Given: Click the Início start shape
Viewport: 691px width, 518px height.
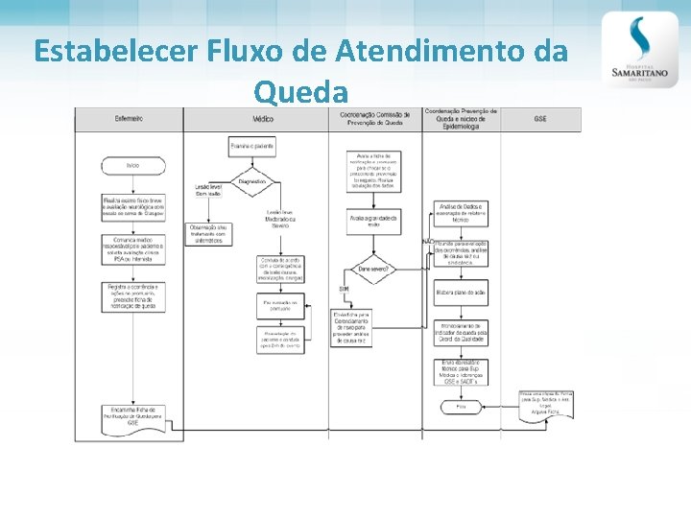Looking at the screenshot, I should pos(132,166).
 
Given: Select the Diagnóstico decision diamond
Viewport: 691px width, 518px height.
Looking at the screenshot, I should pos(252,181).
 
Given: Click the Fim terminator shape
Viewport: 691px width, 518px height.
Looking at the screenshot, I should pos(461,407).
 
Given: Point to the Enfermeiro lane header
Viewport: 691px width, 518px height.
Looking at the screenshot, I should pos(129,119).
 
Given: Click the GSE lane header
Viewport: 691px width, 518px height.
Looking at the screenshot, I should pos(540,119).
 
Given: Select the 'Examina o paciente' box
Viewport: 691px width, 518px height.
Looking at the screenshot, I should pos(252,147).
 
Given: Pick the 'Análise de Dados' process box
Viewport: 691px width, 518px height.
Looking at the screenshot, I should pos(461,212).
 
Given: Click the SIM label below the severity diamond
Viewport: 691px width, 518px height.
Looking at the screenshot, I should pos(344,290).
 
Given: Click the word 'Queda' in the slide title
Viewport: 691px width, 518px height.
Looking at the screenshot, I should pos(300,92).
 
